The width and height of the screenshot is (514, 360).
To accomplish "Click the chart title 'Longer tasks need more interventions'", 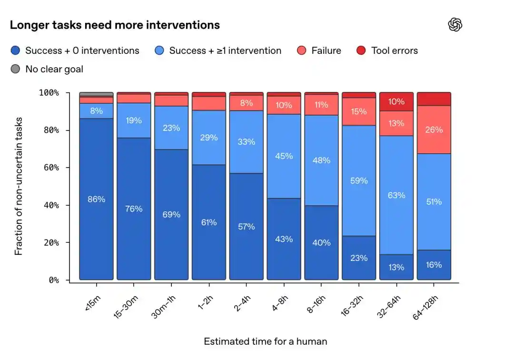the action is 115,25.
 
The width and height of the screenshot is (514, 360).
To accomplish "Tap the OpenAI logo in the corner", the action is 455,25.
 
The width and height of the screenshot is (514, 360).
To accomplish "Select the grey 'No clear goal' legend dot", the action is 15,69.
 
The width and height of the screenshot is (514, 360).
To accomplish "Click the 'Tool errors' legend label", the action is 395,50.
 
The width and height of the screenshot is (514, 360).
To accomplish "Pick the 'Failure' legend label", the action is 326,50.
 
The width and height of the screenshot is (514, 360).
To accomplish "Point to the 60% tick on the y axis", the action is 68,168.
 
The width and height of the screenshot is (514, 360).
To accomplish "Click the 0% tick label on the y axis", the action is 54,280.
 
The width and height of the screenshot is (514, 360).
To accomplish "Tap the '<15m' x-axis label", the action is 93,303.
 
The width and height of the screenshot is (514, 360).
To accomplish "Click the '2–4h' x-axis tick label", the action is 242,303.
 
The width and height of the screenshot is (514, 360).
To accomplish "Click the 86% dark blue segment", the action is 96,199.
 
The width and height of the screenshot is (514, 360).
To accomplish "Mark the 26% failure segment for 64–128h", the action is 434,130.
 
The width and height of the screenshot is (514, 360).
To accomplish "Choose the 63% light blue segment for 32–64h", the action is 396,195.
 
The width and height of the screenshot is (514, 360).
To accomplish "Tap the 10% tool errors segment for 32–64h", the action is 396,101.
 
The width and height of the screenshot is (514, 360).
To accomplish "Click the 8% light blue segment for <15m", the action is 96,111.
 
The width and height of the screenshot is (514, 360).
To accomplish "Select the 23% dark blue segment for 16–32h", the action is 359,258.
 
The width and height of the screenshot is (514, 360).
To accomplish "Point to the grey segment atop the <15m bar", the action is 96,94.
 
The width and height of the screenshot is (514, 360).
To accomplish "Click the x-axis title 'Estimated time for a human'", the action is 266,341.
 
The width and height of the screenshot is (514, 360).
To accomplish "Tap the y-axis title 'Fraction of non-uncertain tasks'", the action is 19,186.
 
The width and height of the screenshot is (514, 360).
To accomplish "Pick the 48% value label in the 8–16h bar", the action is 321,160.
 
